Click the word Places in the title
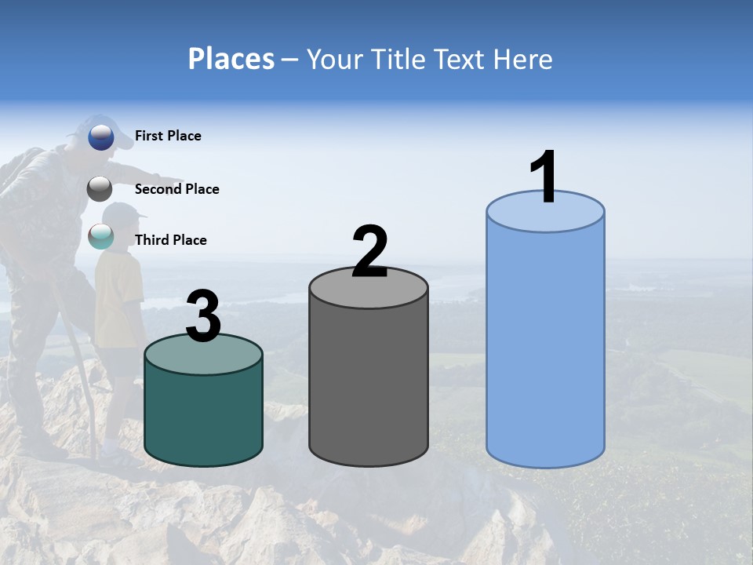coord(231,59)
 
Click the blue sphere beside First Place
coord(101,137)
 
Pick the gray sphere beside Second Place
coord(100,189)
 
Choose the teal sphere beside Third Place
coord(101,236)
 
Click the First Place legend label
coord(168,136)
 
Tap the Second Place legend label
coord(176,189)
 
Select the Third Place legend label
coord(170,240)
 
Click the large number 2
coord(369,252)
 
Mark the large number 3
coord(203,316)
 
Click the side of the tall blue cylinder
coord(545,345)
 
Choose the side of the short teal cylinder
coord(203,416)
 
